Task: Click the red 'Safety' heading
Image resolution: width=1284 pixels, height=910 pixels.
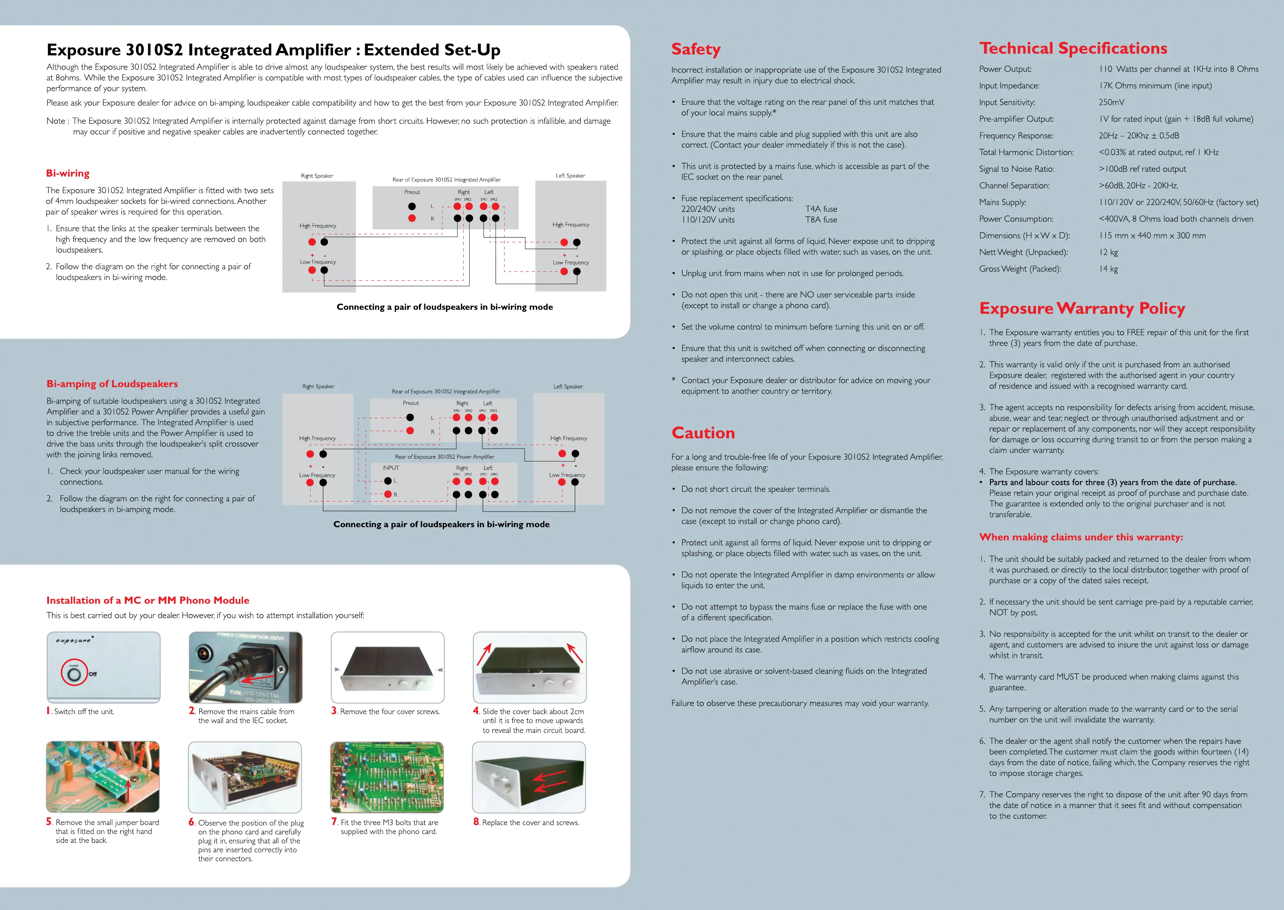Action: coord(695,49)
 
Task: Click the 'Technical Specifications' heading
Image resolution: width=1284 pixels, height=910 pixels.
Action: coord(1073,49)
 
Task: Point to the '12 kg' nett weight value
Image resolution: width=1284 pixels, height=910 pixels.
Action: coord(1108,252)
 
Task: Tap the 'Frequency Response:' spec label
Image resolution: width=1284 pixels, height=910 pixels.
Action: coord(1016,136)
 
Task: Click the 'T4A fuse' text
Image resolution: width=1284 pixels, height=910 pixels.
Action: coord(821,209)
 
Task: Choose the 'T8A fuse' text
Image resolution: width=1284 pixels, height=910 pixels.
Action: coord(821,220)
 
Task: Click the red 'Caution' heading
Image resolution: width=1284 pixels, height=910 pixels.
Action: coord(703,433)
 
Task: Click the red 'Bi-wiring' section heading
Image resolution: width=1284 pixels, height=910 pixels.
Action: coord(68,173)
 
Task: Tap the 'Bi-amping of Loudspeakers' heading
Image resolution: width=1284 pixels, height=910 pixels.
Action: coord(112,384)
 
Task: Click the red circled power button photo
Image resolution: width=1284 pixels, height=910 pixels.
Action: coord(74,673)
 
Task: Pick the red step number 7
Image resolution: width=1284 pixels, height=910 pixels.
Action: coord(334,822)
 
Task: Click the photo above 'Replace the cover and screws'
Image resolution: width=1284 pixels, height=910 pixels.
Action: coord(529,777)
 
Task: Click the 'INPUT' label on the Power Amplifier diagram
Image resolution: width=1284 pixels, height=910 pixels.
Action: coord(390,468)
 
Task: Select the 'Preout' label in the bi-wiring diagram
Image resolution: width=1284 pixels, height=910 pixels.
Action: coord(412,192)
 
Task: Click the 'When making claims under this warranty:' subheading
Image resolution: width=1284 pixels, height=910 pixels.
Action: coord(1081,537)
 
